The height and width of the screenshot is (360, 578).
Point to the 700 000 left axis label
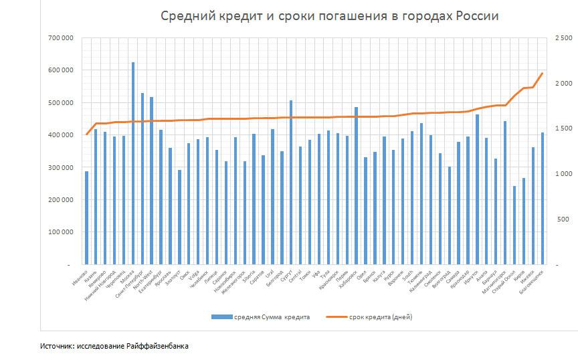tap(61, 38)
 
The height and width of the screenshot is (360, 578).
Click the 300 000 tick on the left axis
tap(61, 167)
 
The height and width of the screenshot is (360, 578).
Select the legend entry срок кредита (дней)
tap(379, 317)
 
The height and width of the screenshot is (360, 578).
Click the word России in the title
tap(478, 15)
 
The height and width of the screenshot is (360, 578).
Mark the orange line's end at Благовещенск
tap(543, 73)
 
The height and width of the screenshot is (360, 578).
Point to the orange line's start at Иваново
tap(86, 134)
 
